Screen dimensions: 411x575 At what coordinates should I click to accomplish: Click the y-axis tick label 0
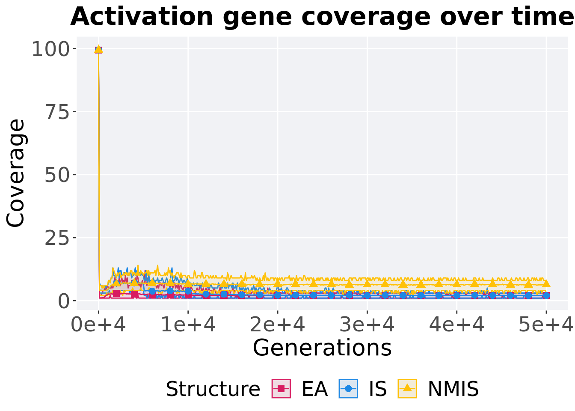pos(63,301)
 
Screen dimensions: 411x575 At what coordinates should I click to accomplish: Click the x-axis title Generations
pos(322,348)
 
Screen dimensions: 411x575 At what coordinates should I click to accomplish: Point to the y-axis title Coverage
pos(16,173)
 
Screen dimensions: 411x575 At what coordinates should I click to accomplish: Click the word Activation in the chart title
pos(142,17)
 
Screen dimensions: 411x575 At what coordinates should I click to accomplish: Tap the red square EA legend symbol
pos(281,389)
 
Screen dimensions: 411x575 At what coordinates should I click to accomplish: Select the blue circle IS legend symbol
pos(348,389)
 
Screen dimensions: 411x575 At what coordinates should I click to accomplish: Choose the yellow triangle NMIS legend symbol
pos(407,389)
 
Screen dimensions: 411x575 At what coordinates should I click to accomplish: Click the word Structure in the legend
pos(213,389)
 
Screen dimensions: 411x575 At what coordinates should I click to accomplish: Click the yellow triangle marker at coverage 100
pos(98,49)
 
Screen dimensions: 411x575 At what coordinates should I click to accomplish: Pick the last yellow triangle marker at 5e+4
pos(546,283)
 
